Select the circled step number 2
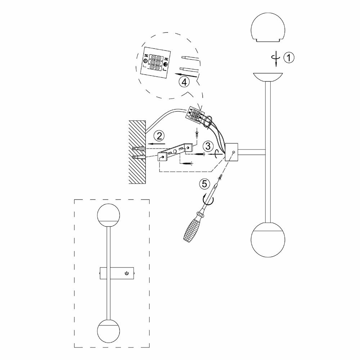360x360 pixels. pyautogui.click(x=159, y=136)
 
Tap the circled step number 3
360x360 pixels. pyautogui.click(x=207, y=146)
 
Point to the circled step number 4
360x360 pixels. pyautogui.click(x=184, y=82)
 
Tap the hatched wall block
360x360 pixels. pyautogui.click(x=138, y=151)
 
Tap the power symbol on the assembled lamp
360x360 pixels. pyautogui.click(x=126, y=273)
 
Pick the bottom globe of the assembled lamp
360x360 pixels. pyautogui.click(x=108, y=330)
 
